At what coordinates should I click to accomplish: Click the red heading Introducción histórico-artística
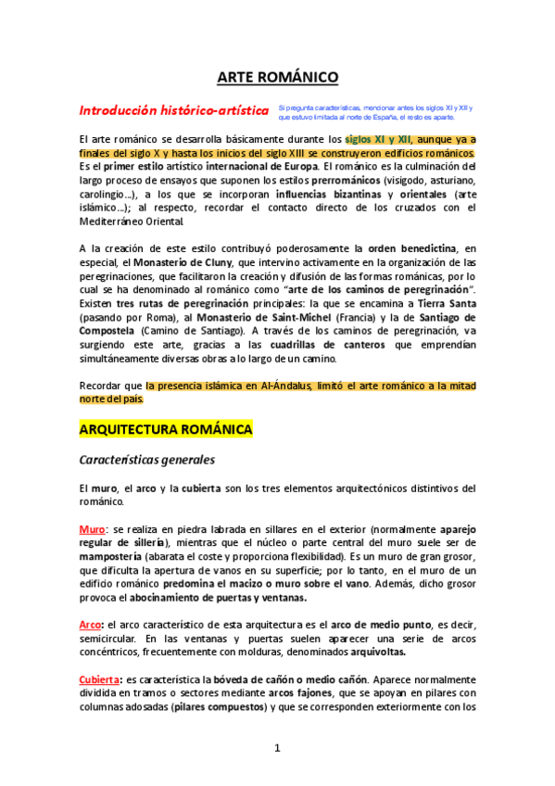(173, 111)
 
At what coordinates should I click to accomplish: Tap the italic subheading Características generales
(146, 459)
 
